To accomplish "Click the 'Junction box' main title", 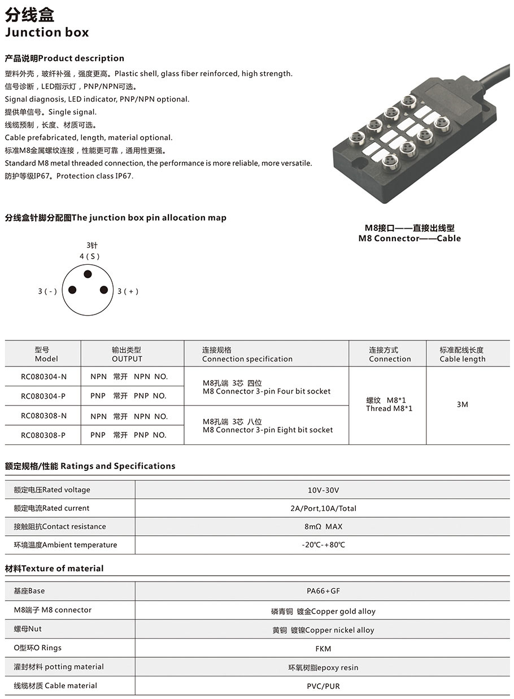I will coord(47,32).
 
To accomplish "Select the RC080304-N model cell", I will coord(43,377).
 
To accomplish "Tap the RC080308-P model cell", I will coord(43,435).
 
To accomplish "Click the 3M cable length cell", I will coord(462,404).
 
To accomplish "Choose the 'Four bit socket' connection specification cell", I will coord(266,387).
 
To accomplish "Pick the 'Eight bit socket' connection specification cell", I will coord(267,426).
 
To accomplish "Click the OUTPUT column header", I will coord(127,355).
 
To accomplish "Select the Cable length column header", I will coord(462,355).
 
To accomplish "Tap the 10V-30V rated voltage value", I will coord(323,490).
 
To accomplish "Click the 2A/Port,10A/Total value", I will coord(323,508).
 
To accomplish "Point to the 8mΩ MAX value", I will coord(323,527).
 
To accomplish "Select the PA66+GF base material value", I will coord(323,591).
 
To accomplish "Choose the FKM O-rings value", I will coord(323,648).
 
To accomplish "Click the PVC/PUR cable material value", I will coord(323,686).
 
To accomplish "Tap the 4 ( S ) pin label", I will coord(89,256).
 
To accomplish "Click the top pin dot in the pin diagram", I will coord(88,274).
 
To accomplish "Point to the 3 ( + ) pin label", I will coord(128,291).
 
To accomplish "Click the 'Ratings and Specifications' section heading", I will coord(90,466).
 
